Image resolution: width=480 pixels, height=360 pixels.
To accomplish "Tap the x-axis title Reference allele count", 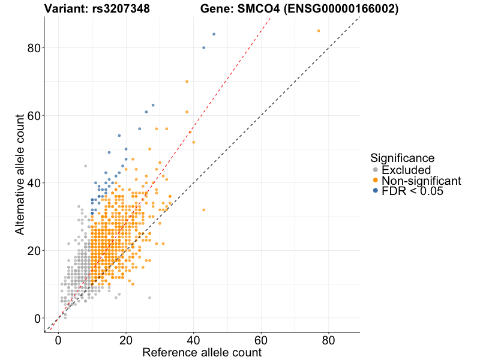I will [202, 352].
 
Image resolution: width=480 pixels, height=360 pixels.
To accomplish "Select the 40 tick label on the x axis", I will [193, 340].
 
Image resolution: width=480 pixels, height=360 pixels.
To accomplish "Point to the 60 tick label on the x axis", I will [261, 340].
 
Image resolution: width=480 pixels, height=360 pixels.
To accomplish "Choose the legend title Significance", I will [402, 158].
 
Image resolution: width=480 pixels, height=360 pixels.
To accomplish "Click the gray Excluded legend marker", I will [376, 170].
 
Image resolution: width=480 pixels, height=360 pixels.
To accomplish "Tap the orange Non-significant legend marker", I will [376, 181].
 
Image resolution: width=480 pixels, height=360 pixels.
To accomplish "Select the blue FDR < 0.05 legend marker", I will [376, 191].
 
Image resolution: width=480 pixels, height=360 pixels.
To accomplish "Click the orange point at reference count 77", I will [319, 31].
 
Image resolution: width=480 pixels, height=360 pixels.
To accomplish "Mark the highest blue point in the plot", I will [214, 34].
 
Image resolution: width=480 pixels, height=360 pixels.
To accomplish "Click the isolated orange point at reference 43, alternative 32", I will [204, 209].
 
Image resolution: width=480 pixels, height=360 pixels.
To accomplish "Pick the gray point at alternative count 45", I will [85, 166].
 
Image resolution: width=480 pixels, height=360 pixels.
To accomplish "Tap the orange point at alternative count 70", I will [187, 81].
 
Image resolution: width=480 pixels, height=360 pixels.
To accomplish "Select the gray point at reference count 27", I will [149, 298].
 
